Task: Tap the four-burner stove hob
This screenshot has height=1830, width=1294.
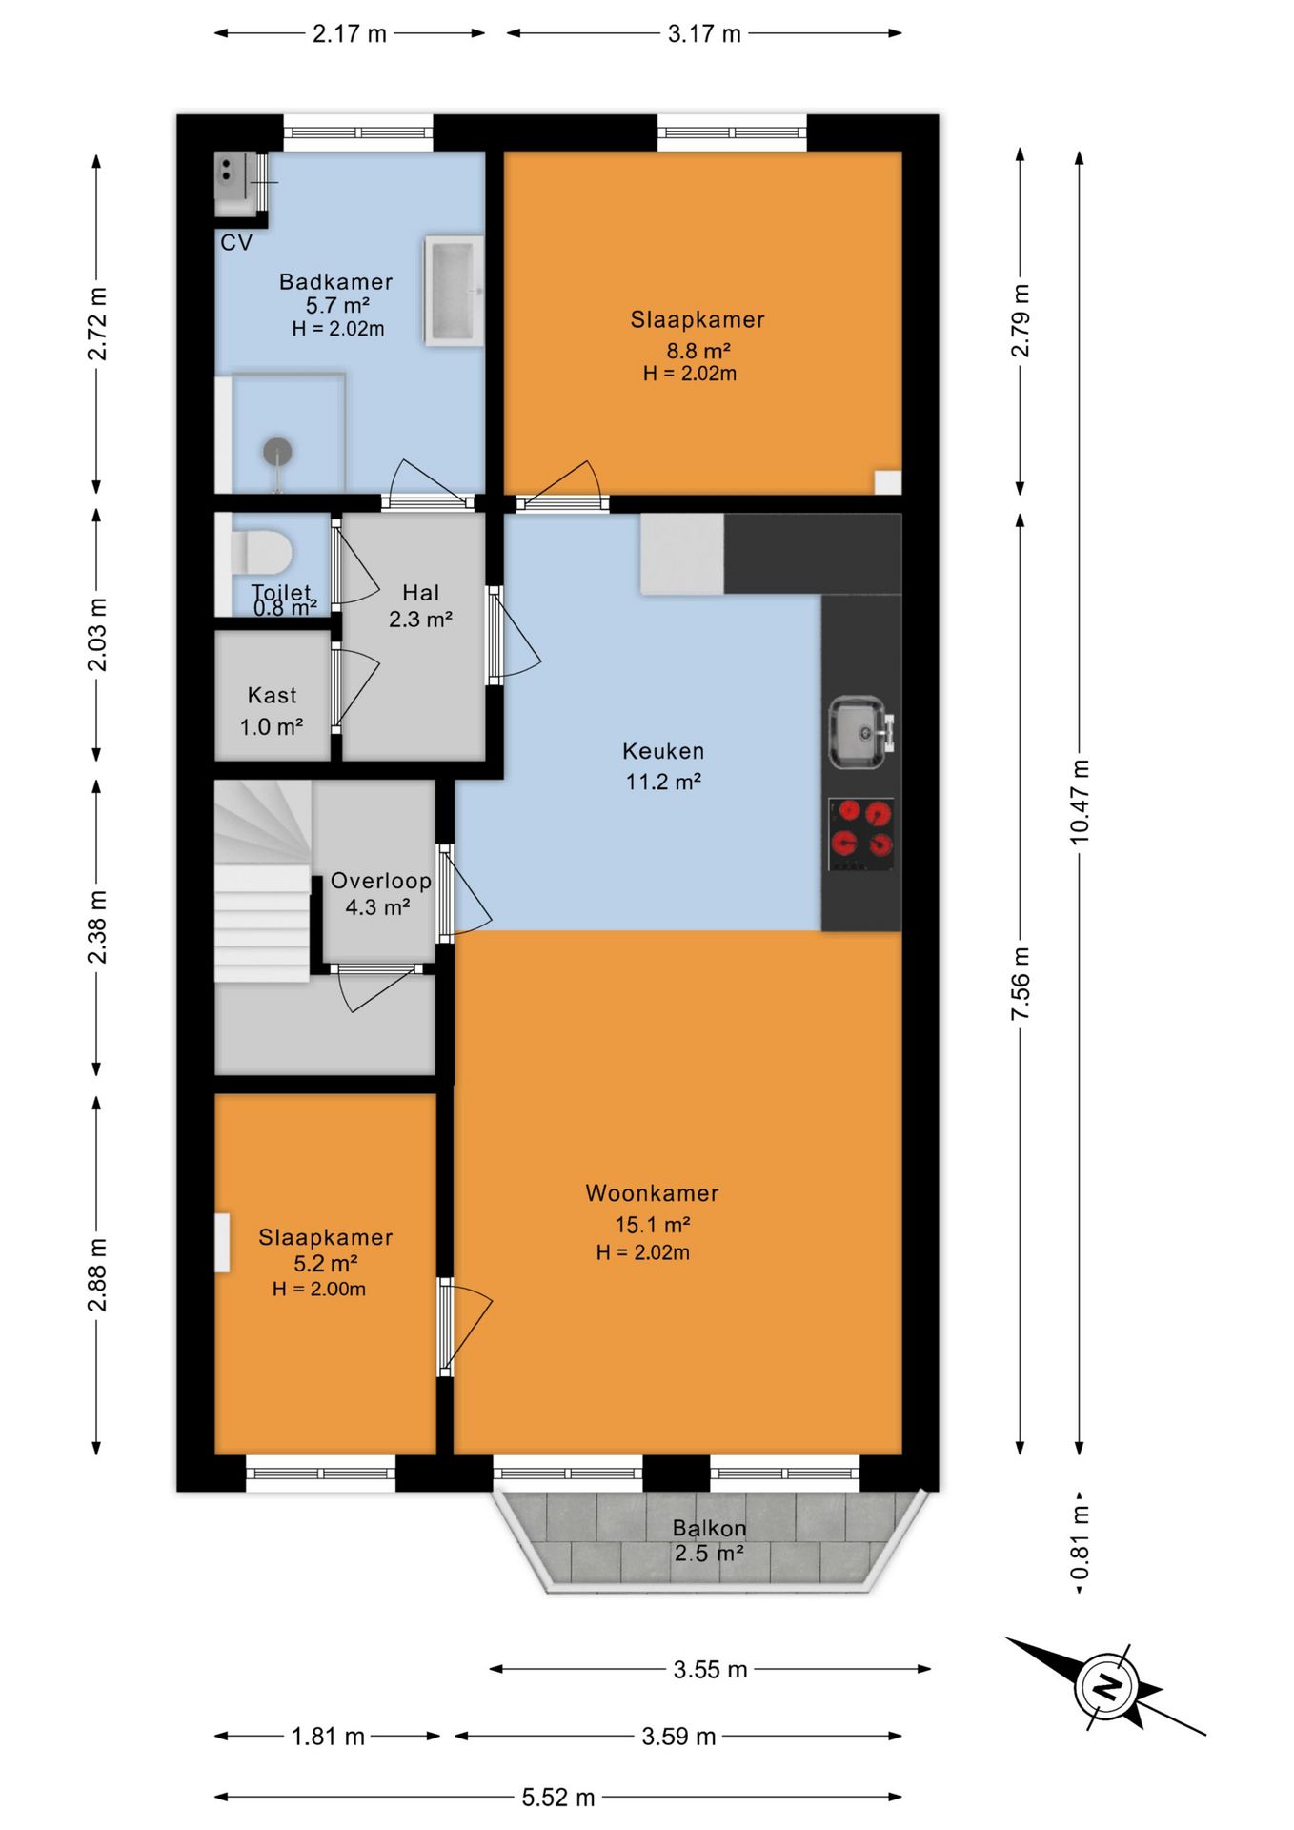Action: coord(861,834)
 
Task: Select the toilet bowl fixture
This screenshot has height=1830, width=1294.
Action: coord(261,553)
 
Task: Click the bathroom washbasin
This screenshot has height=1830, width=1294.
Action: coord(454,290)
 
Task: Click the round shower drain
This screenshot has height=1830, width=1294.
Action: coord(277,451)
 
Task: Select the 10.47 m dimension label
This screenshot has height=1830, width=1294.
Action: coord(1079,801)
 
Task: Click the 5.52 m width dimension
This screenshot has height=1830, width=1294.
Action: coord(558,1798)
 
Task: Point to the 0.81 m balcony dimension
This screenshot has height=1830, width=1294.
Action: coord(1080,1542)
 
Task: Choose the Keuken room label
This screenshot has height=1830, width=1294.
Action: coord(663,751)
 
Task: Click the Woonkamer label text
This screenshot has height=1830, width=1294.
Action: coord(652,1192)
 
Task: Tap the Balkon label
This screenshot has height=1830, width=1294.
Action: coord(709,1528)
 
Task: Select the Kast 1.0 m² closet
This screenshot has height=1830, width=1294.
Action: coord(273,710)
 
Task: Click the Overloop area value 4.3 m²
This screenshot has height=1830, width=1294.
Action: coord(377,907)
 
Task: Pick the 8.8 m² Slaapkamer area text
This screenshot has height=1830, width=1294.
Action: coord(698,351)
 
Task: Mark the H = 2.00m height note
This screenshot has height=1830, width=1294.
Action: coord(319,1289)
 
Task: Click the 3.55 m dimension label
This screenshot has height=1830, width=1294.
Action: coord(710,1669)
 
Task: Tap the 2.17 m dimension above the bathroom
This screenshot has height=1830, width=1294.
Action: coord(350,33)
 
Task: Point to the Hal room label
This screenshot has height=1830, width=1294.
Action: coord(421,593)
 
